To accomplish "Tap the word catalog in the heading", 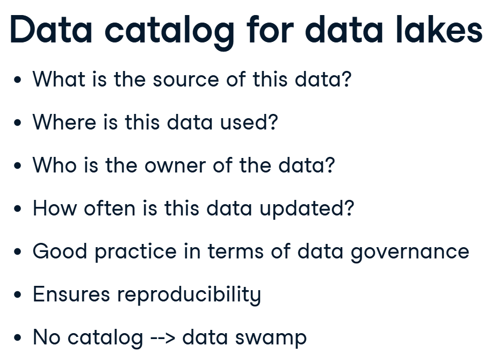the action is coord(170,32).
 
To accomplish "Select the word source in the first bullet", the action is coord(186,80).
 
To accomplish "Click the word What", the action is coord(59,79).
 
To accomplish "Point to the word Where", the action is coord(64,122).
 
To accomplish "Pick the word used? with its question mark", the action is coord(249,122).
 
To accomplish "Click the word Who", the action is coord(54,165).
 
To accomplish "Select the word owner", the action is coord(175,165).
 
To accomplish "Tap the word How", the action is coord(54,208).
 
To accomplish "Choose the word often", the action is coord(110,208).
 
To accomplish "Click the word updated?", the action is coord(307,209).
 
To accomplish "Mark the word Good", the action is coord(60,251).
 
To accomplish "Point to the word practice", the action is coord(135,252).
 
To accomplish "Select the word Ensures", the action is coord(71,294).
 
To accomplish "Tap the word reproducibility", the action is coord(189,295).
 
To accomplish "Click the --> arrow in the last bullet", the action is coord(163,337).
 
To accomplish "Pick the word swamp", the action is coord(271,339).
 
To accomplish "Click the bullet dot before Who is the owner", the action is coord(18,165).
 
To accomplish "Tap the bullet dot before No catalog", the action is coord(18,337).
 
